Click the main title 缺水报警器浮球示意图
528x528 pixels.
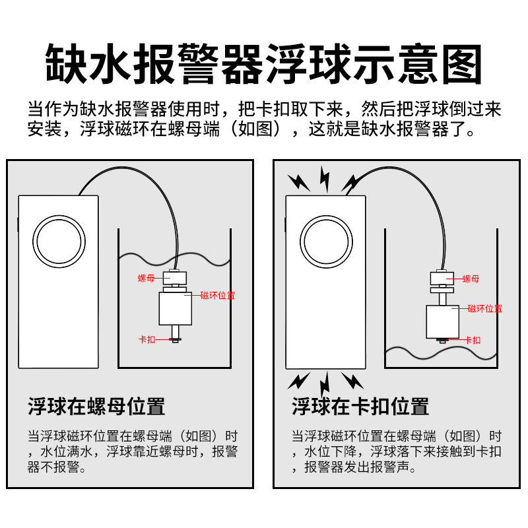click(264, 64)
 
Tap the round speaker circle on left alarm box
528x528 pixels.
click(60, 242)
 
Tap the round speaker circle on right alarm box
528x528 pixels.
click(325, 242)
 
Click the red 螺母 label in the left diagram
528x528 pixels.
click(146, 279)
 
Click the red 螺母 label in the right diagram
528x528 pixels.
click(471, 279)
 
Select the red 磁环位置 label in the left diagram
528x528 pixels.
click(217, 295)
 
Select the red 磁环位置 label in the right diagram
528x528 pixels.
click(484, 308)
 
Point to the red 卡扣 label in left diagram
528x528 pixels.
click(147, 340)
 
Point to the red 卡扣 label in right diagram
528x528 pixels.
click(473, 341)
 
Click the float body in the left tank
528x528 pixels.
click(176, 308)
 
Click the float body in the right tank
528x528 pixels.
click(442, 321)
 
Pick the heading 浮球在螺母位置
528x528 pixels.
click(96, 406)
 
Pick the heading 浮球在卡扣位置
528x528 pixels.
click(360, 406)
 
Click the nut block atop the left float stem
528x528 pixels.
click(176, 275)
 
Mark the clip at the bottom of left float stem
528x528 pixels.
click(176, 340)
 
